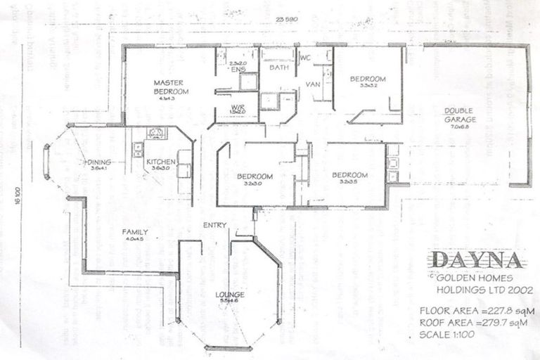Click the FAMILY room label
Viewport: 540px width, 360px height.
[x=134, y=231]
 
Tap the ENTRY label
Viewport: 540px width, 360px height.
[x=214, y=225]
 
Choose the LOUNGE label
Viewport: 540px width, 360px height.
[x=231, y=294]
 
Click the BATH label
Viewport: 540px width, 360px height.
[x=278, y=67]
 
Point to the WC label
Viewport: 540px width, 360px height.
[x=305, y=56]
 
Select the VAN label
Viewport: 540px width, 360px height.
[x=313, y=84]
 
